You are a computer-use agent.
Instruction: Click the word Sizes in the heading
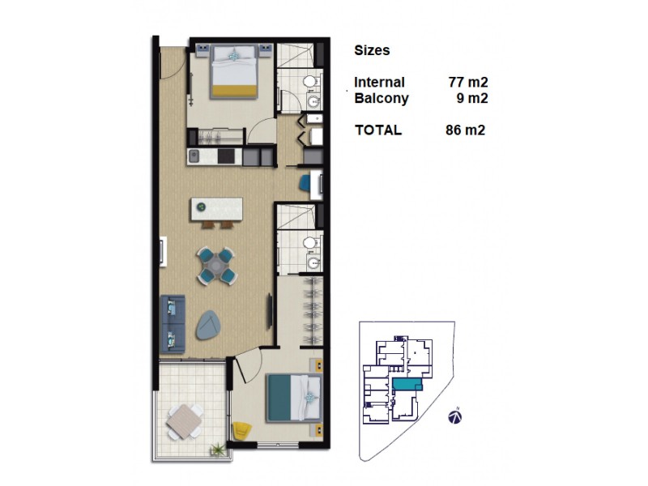coord(372,50)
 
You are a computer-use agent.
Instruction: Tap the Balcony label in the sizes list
coord(382,99)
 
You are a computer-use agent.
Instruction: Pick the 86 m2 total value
coord(465,130)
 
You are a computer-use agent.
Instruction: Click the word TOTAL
coord(378,130)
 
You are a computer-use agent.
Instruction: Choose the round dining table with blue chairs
coord(217,265)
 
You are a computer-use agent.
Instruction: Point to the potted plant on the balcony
coord(217,449)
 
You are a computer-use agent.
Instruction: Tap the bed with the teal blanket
coord(294,397)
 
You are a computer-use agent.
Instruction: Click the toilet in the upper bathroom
coord(309,83)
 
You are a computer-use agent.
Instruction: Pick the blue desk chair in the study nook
coord(305,184)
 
